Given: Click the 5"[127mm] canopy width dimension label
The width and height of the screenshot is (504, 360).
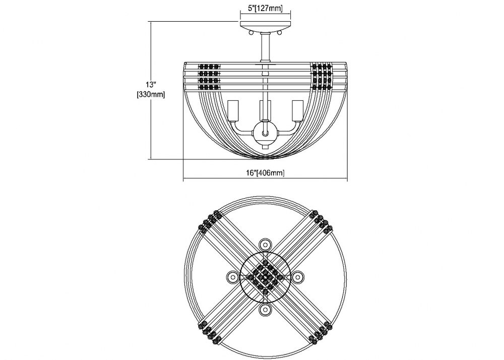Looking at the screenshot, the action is pyautogui.click(x=265, y=9).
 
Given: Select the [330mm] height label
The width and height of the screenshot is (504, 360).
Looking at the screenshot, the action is pyautogui.click(x=151, y=95).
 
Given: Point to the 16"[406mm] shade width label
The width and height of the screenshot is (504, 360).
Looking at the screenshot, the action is pyautogui.click(x=265, y=173).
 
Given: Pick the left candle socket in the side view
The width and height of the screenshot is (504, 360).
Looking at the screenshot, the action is pyautogui.click(x=232, y=111).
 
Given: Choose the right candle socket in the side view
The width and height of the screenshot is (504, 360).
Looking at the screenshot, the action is pyautogui.click(x=298, y=111).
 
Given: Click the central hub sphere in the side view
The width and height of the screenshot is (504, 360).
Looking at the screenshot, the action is pyautogui.click(x=265, y=133).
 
